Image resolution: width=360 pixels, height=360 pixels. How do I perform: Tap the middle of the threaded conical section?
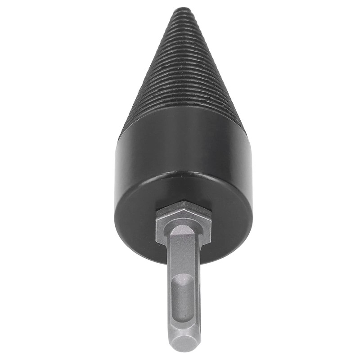182,67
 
